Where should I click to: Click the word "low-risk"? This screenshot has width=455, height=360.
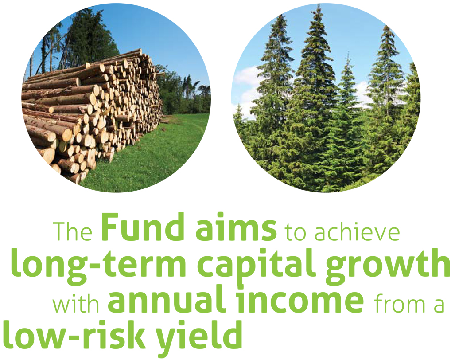tap(74, 333)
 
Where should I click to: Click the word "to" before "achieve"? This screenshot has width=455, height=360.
tap(295, 232)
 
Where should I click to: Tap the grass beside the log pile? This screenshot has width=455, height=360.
tap(151, 151)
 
